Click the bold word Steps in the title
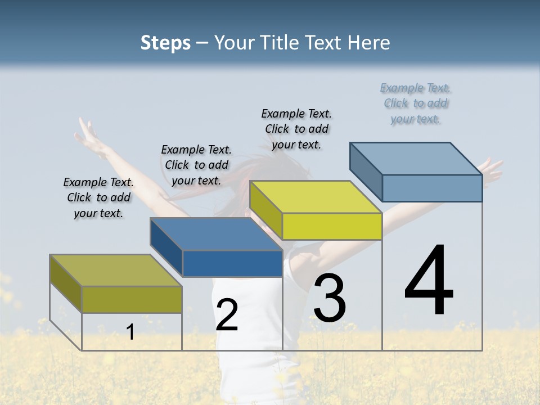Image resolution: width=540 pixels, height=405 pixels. click(x=165, y=43)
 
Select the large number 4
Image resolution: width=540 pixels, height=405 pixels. click(x=429, y=281)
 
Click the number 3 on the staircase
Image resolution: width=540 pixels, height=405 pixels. click(x=330, y=298)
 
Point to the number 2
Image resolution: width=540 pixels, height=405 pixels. click(x=227, y=315)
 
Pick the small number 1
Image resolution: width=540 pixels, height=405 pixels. click(x=130, y=332)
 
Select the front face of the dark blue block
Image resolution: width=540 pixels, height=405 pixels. click(x=232, y=263)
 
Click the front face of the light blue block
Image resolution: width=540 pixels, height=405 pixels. click(x=432, y=188)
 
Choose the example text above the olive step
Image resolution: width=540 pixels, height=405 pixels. click(x=98, y=197)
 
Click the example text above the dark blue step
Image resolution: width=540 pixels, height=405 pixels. click(x=196, y=165)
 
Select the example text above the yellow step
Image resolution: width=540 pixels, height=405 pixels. click(x=296, y=129)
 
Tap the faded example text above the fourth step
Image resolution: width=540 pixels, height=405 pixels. click(x=415, y=103)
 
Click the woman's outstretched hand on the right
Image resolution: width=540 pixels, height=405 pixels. click(x=492, y=169)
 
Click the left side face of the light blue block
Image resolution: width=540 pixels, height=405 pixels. click(x=366, y=171)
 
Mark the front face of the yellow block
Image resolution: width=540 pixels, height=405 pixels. click(x=332, y=226)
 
